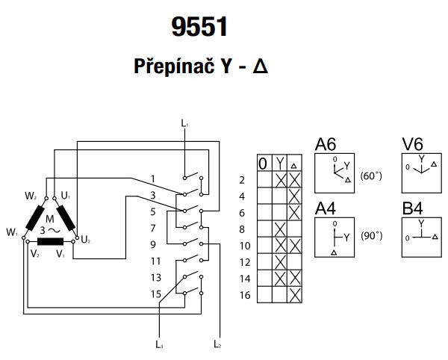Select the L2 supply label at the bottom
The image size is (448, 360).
(217, 344)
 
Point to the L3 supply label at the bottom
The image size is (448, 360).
(160, 344)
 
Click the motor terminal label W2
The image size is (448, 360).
(31, 196)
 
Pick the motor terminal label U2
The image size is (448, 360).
(86, 240)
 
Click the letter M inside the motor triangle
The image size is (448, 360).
(50, 218)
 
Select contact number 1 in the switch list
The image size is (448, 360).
(152, 179)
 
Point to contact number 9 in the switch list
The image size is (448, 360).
(152, 244)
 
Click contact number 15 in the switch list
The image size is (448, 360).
(155, 293)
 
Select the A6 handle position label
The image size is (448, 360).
(325, 144)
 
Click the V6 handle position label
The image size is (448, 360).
(412, 144)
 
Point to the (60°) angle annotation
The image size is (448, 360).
(370, 176)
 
